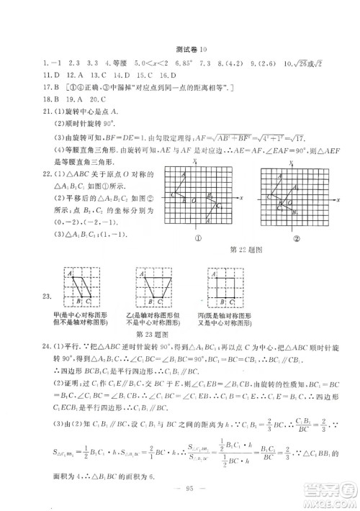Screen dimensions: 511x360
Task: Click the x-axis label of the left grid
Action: (243, 197)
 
